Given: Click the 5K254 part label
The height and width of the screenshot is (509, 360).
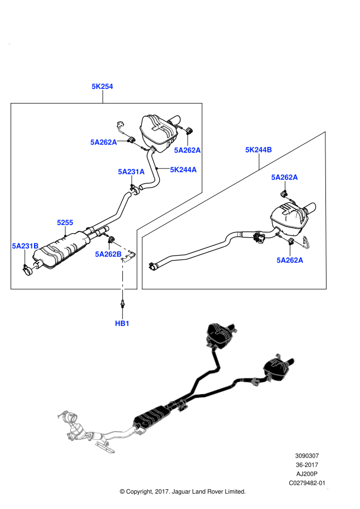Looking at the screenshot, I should point(102,86).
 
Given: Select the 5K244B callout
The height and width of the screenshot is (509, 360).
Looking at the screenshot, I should point(258,150).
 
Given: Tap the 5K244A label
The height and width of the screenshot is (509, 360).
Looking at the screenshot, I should point(183,170).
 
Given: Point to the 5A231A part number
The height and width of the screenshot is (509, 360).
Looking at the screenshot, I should point(131,172).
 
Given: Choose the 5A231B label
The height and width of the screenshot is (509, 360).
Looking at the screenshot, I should point(25,246).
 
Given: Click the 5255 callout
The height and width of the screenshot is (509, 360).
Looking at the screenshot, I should point(65,223).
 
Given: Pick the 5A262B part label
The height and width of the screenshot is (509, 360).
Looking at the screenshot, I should point(108,254).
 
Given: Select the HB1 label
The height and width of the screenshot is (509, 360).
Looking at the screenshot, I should point(122,324).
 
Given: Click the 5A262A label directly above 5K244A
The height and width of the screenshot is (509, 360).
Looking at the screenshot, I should point(187,150).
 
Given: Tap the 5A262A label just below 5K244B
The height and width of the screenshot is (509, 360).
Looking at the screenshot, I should point(284,177).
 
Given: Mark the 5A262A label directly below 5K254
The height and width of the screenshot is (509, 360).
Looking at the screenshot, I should point(104,142).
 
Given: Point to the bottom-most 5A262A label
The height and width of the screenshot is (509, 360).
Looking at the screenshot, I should point(290,260).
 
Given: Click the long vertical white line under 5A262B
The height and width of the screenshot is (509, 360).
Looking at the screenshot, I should point(122,281).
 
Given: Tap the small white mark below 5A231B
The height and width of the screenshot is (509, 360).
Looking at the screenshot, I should point(33,268).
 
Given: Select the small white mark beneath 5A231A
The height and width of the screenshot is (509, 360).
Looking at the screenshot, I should point(133,193).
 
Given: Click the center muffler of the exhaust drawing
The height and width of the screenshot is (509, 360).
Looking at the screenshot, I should point(151,418).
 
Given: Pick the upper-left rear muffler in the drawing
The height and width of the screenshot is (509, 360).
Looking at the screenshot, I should point(220,334).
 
